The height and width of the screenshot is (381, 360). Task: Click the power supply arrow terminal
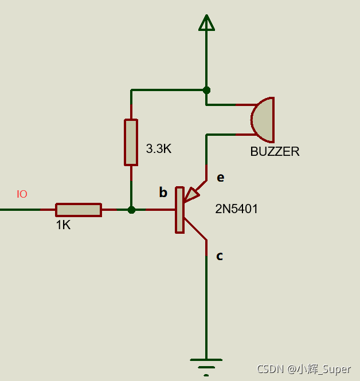pos(206,22)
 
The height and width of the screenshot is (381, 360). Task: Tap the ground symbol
pos(206,366)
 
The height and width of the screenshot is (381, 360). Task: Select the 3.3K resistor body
pos(131,142)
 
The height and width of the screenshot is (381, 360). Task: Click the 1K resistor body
pos(79,210)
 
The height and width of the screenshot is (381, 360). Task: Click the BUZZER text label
pos(275,152)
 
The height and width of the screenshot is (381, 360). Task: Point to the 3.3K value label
pos(159,149)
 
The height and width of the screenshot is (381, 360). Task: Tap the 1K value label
pos(63,225)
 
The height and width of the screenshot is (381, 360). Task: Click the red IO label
pos(22,194)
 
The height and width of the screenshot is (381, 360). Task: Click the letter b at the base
pos(163,193)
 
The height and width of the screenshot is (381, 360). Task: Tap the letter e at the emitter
pos(220,178)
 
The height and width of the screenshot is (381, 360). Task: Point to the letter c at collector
pos(220,256)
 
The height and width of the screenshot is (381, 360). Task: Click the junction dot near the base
pos(131,210)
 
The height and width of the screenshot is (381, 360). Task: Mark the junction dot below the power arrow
pos(206,90)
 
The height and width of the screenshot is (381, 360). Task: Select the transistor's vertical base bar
pos(180,210)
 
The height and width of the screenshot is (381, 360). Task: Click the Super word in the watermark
pos(336,370)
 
